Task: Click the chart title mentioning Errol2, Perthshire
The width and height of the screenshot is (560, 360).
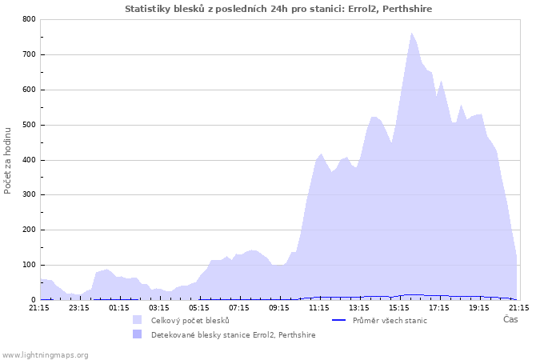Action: pyautogui.click(x=279, y=9)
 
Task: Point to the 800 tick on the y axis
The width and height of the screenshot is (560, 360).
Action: pyautogui.click(x=29, y=19)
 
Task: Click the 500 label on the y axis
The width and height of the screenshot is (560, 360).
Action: pyautogui.click(x=29, y=125)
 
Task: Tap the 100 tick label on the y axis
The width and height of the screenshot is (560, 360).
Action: pyautogui.click(x=29, y=265)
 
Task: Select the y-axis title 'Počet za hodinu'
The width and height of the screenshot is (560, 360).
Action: pyautogui.click(x=9, y=159)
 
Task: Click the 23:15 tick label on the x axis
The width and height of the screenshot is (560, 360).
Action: pyautogui.click(x=79, y=307)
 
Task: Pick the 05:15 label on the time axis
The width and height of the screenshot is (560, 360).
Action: pyautogui.click(x=199, y=307)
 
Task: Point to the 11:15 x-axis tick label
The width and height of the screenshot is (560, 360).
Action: pyautogui.click(x=319, y=307)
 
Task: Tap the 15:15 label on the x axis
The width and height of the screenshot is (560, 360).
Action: pyautogui.click(x=399, y=307)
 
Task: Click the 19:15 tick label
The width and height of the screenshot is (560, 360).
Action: pyautogui.click(x=479, y=307)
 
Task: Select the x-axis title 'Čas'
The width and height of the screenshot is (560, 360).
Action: pyautogui.click(x=510, y=320)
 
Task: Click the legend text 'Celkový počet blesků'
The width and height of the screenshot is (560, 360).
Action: pyautogui.click(x=190, y=321)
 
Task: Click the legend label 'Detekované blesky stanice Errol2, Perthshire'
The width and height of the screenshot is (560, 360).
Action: pyautogui.click(x=233, y=335)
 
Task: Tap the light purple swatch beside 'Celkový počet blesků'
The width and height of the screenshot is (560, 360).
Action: pyautogui.click(x=137, y=321)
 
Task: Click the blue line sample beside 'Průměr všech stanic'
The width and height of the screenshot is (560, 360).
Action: pyautogui.click(x=338, y=321)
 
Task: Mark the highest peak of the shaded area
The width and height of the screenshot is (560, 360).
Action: pyautogui.click(x=411, y=34)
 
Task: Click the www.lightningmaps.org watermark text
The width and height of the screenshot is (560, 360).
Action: pyautogui.click(x=45, y=354)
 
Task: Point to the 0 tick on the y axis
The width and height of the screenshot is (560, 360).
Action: pyautogui.click(x=33, y=300)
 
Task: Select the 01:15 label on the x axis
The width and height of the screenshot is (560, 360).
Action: pyautogui.click(x=119, y=307)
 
